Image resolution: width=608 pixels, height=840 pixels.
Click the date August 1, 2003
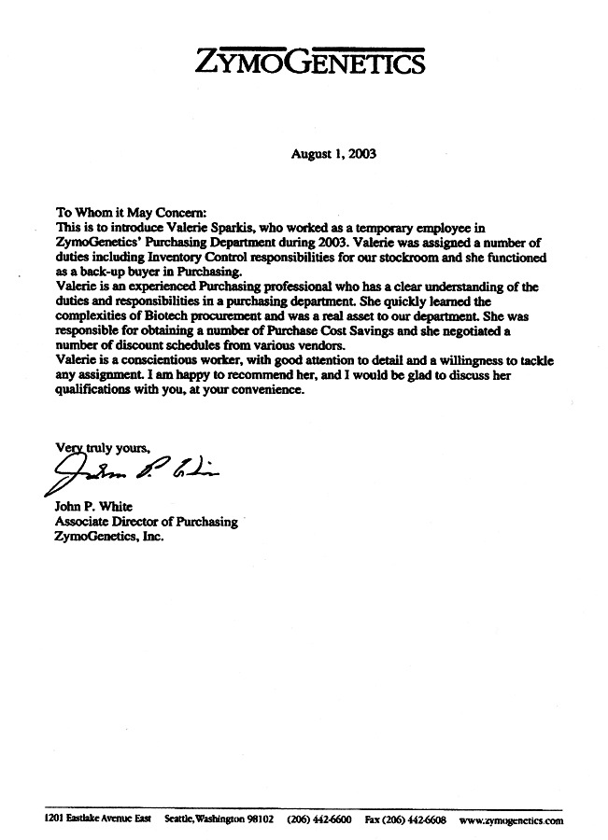click(333, 156)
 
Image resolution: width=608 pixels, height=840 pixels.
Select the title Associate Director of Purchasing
click(147, 523)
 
